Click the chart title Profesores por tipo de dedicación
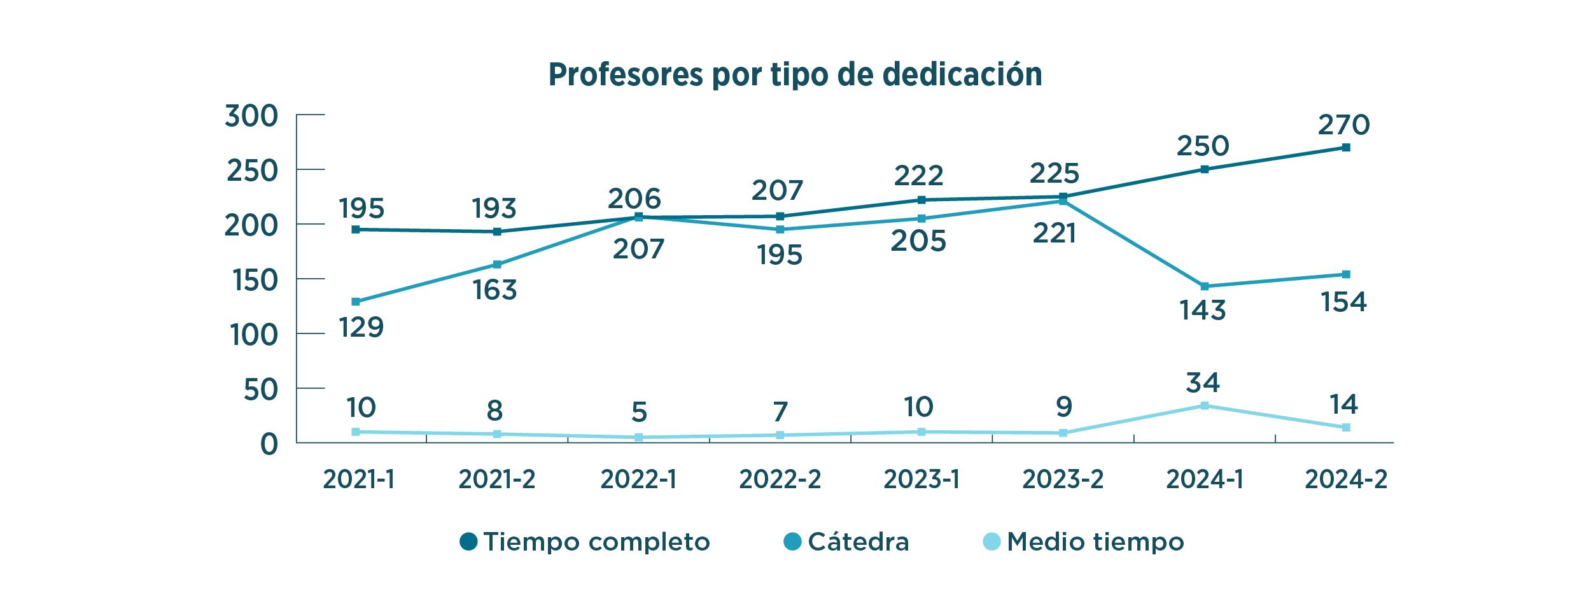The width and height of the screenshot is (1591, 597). tap(795, 74)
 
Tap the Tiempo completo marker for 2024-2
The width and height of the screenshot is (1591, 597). tap(1346, 148)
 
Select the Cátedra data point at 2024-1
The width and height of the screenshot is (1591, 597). tap(1205, 286)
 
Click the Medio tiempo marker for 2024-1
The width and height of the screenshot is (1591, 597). tap(1205, 405)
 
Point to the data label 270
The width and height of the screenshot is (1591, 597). tap(1343, 125)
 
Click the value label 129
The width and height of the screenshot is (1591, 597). tap(361, 328)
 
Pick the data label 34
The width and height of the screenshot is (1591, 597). tap(1203, 383)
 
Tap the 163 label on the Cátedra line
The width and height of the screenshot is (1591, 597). tap(494, 290)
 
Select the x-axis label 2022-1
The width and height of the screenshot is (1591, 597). tap(638, 479)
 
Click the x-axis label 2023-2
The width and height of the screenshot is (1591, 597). tap(1063, 479)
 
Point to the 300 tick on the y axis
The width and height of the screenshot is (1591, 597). tap(251, 116)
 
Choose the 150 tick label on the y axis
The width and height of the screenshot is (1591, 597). tap(255, 281)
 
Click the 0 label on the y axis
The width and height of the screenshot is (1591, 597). tap(269, 444)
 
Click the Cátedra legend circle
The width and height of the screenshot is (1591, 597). tap(792, 542)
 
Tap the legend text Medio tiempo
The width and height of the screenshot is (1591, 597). tap(1095, 542)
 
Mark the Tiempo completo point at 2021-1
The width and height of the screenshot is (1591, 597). tap(356, 229)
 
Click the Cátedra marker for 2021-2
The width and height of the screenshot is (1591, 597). tap(497, 265)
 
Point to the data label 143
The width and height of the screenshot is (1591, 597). tap(1202, 311)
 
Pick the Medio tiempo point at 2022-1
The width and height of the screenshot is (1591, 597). tap(638, 437)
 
